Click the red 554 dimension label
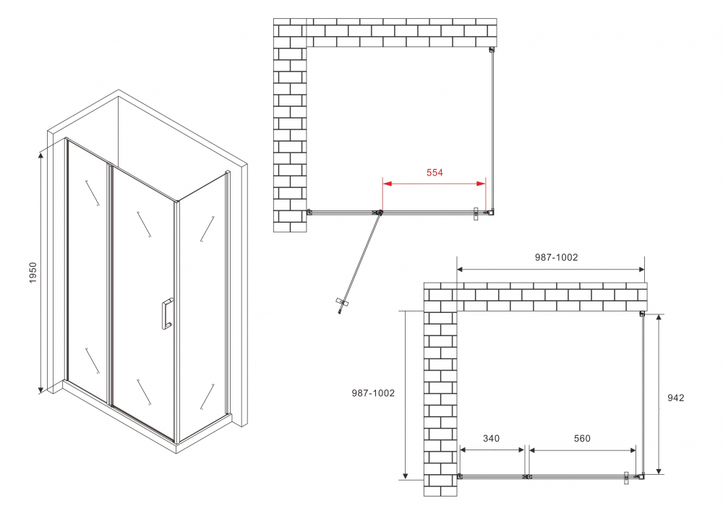[434, 173]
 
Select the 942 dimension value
[676, 398]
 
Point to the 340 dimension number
[491, 439]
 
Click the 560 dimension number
[582, 439]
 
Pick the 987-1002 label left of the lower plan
[373, 393]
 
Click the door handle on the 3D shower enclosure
[167, 313]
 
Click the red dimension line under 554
[434, 184]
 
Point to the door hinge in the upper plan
[378, 212]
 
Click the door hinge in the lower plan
[527, 477]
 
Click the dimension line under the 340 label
[492, 450]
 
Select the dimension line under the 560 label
[583, 450]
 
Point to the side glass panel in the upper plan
[493, 130]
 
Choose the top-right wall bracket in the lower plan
[642, 314]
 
